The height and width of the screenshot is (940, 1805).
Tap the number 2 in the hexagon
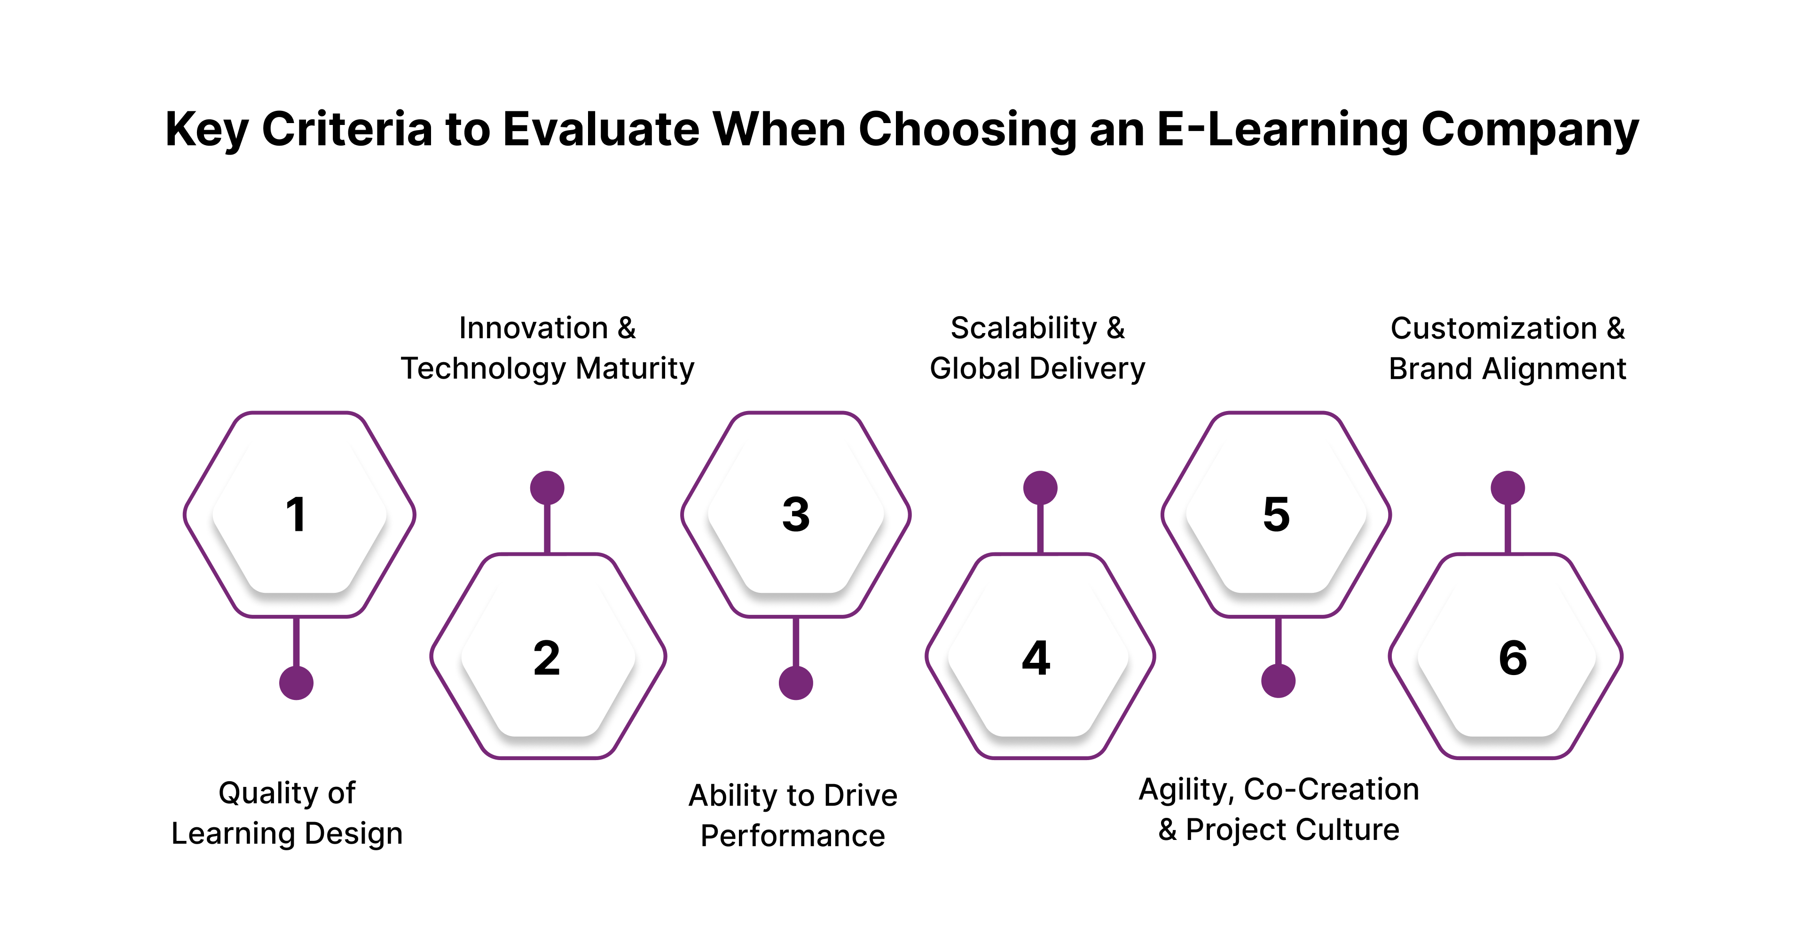(547, 659)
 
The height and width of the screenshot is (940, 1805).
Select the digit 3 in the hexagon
(796, 515)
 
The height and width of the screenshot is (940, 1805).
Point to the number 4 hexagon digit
(1036, 659)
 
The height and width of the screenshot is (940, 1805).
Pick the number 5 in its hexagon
(1277, 515)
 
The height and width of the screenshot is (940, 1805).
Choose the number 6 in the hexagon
(1513, 659)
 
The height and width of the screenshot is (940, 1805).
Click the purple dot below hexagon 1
(297, 683)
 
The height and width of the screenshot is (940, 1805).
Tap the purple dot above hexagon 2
(547, 488)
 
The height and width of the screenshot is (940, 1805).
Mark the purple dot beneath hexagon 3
(796, 683)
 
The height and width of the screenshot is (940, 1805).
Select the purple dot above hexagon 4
(1041, 488)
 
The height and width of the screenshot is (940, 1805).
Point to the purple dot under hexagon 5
(1278, 681)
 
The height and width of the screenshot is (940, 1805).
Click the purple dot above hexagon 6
(1508, 488)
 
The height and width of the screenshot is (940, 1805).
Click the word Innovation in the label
(533, 328)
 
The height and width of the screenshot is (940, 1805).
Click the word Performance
(793, 836)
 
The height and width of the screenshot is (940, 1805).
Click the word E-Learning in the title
(1281, 130)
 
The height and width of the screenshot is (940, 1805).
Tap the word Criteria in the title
(347, 130)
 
